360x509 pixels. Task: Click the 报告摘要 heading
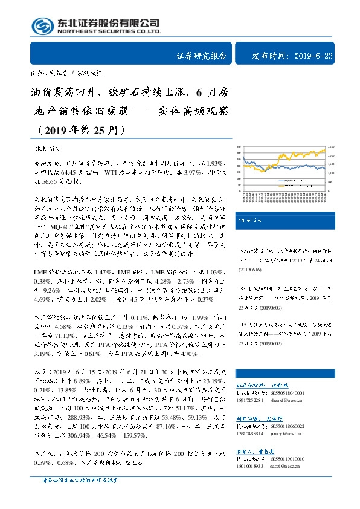(x=51, y=148)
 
